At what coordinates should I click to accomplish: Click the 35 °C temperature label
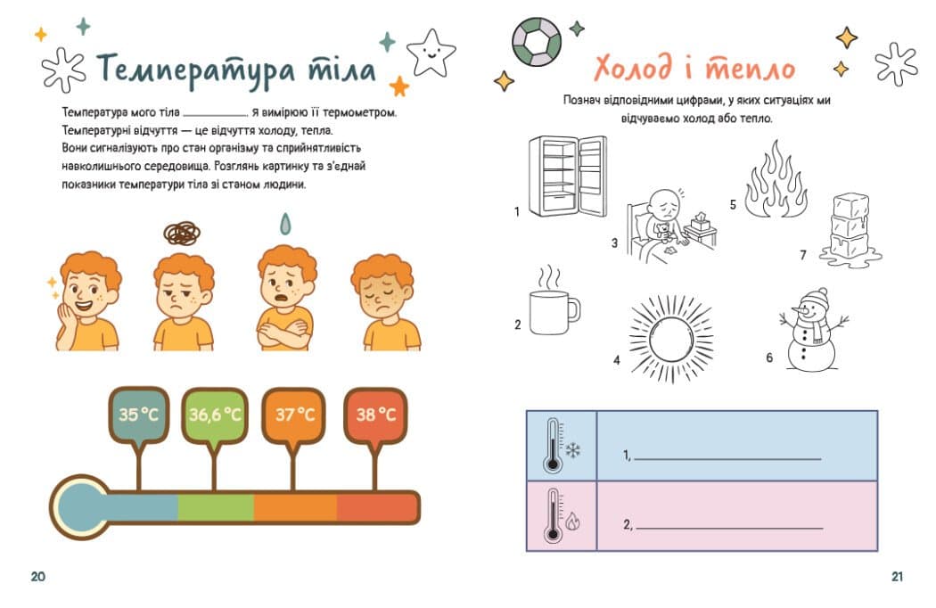click(x=138, y=415)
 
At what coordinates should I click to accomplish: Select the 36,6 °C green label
click(x=215, y=415)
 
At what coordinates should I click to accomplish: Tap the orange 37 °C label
click(x=293, y=415)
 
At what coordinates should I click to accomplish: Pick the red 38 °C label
click(x=375, y=415)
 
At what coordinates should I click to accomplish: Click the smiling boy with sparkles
click(x=85, y=301)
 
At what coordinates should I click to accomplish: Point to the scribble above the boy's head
click(x=182, y=234)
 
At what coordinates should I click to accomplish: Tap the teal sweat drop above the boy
click(x=286, y=224)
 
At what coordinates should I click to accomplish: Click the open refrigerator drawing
click(x=568, y=177)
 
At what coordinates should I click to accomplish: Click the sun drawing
click(x=671, y=338)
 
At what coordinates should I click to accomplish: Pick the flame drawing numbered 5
click(x=776, y=180)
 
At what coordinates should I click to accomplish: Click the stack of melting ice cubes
click(x=850, y=230)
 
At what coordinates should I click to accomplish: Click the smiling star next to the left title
click(x=431, y=53)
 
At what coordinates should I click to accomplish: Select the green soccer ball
click(x=537, y=41)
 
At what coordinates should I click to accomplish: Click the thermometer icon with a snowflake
click(x=561, y=446)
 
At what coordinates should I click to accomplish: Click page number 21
click(x=897, y=577)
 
